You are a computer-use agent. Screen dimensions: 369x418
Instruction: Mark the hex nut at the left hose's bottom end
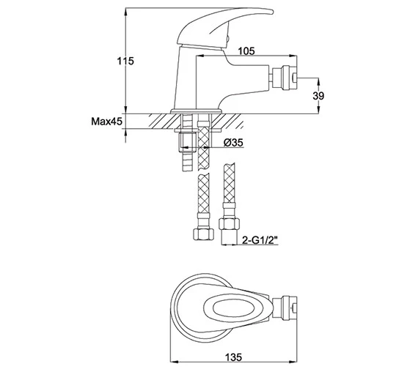202,236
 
